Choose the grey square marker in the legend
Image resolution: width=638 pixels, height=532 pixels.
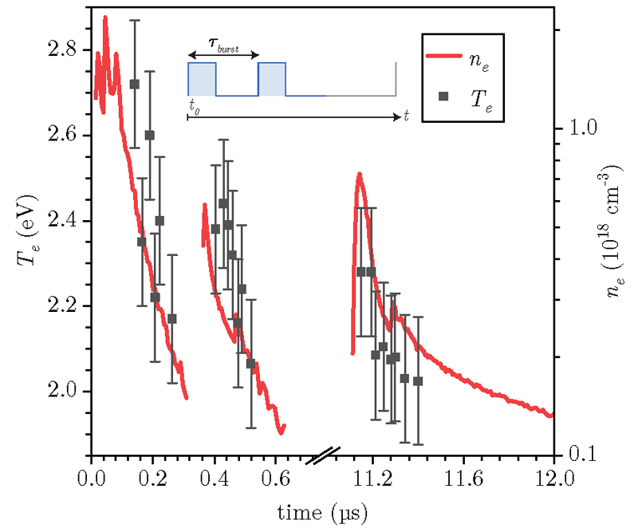(x=445, y=97)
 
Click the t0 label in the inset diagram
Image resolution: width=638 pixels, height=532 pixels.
(x=194, y=104)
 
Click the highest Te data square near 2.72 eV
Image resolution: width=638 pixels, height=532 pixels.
(x=134, y=84)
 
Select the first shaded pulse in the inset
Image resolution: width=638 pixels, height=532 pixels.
(x=202, y=79)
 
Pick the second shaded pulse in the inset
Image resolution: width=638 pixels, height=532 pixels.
(x=272, y=79)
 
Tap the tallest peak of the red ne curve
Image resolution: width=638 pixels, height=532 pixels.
(x=105, y=17)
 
